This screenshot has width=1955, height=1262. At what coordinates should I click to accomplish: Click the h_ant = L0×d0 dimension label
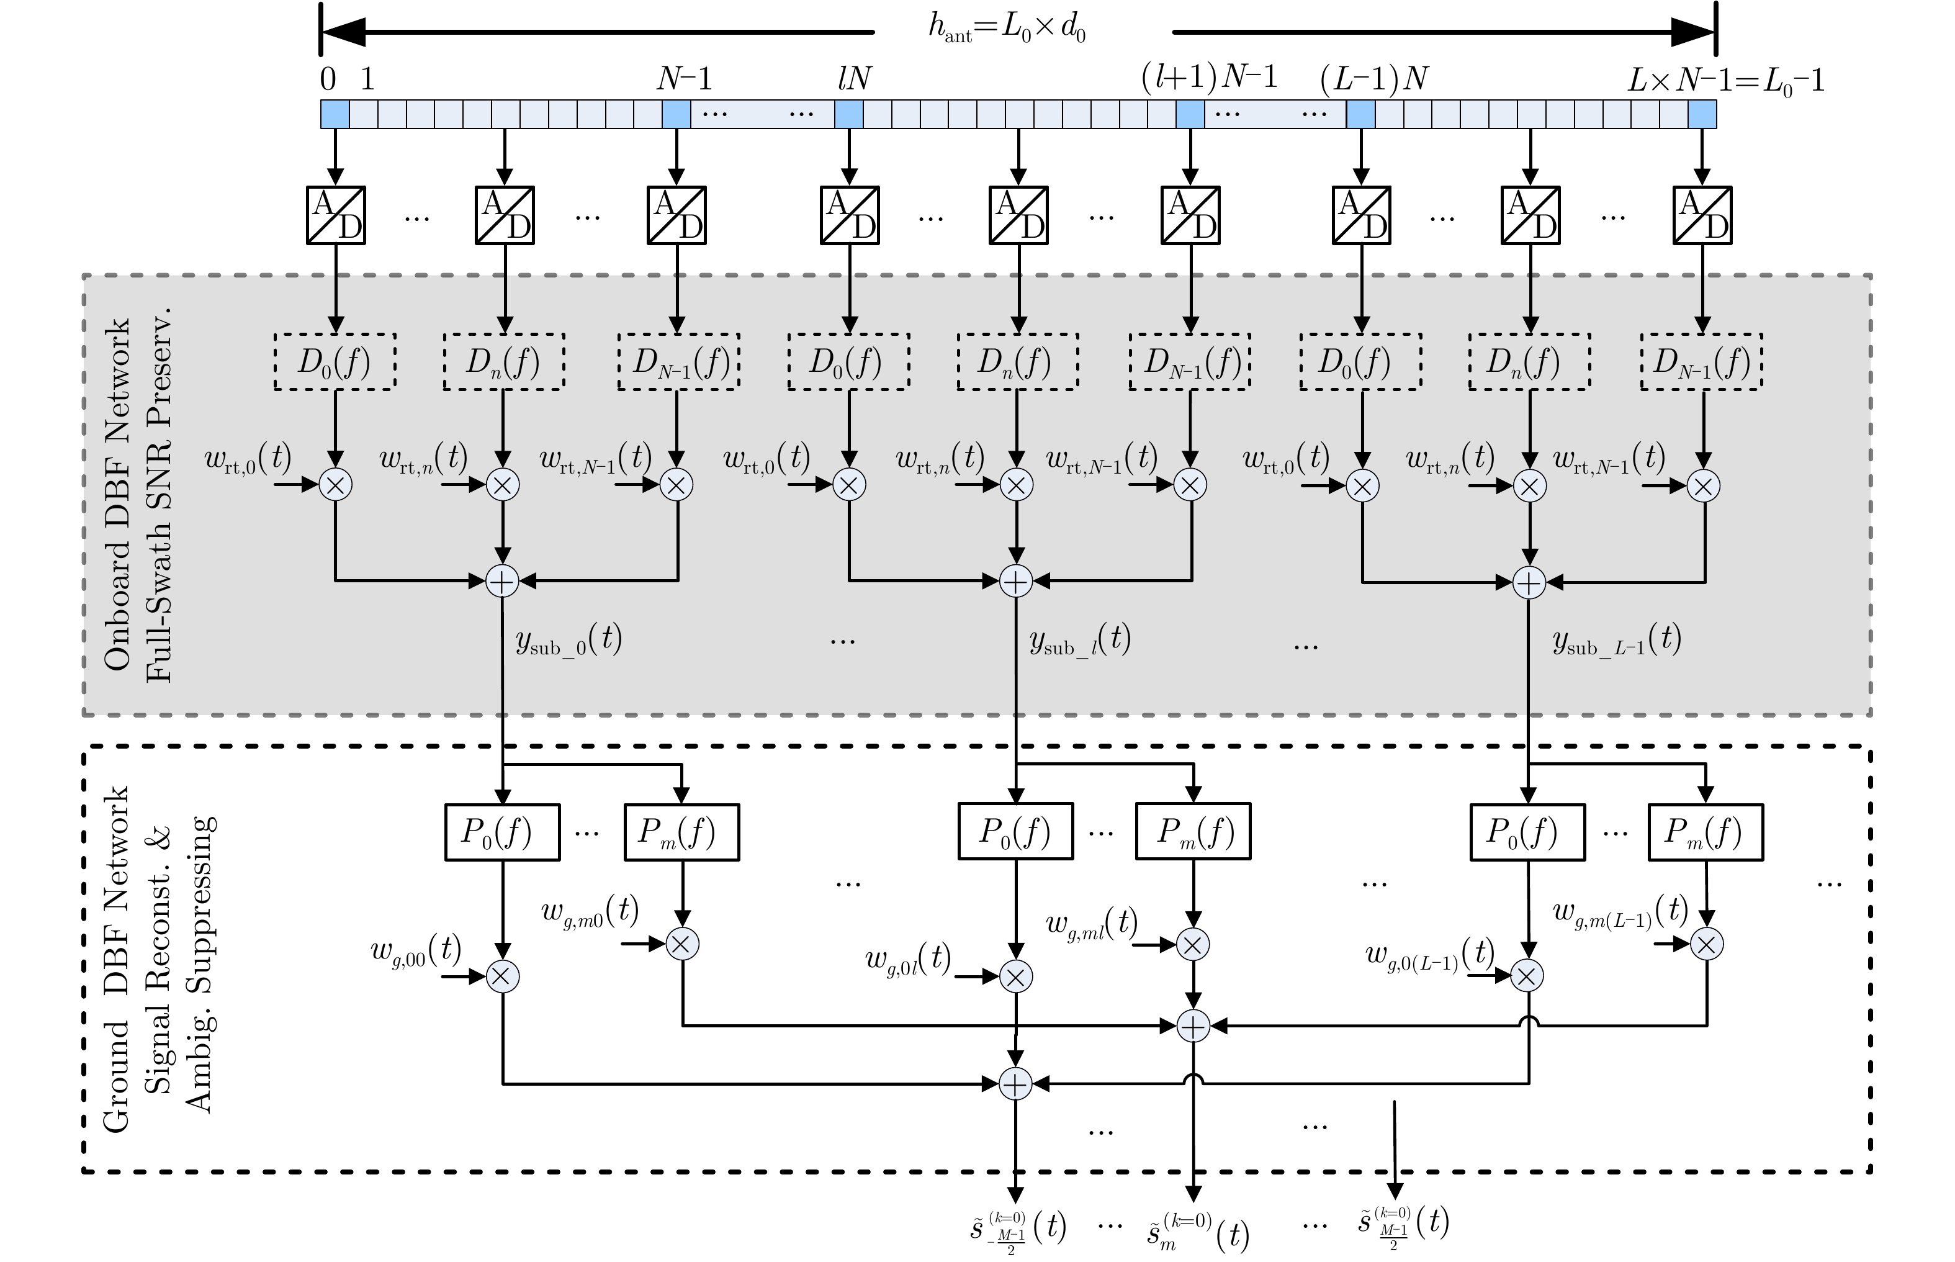[1007, 30]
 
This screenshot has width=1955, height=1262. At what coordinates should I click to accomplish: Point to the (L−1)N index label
[1374, 79]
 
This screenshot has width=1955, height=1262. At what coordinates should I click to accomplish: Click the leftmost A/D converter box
[336, 215]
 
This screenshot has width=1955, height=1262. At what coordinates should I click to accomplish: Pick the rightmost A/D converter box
[1702, 215]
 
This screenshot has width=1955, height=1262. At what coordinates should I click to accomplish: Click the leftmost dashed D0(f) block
[335, 361]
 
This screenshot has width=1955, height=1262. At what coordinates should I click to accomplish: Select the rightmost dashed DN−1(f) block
[1702, 361]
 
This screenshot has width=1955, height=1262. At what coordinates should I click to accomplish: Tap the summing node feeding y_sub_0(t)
[502, 581]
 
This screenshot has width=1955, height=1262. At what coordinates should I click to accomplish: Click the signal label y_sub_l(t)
[1080, 640]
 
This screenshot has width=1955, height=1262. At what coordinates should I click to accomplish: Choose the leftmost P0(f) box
[502, 832]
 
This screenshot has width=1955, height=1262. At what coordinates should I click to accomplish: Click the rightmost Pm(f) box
[1705, 832]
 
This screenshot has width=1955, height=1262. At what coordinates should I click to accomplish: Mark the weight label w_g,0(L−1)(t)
[1430, 955]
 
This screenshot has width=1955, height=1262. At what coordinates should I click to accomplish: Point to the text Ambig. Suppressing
[199, 963]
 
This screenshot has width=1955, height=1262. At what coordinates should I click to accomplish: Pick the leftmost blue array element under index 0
[335, 114]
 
